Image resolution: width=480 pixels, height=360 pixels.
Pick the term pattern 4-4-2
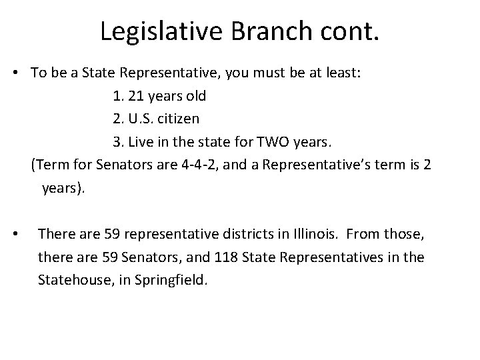coord(200,164)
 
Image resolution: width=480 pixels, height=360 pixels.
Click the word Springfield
coord(172,280)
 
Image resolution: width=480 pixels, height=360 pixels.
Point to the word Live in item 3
coord(140,141)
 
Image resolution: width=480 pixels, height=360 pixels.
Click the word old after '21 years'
coord(196,96)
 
